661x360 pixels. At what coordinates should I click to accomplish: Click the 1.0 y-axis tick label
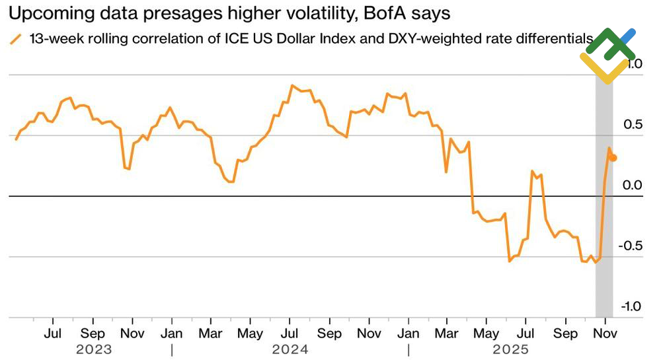pos(634,64)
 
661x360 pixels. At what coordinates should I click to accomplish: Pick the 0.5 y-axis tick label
pos(634,125)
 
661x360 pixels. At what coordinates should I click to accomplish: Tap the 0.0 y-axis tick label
pos(634,185)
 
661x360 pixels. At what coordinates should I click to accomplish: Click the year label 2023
pos(93,349)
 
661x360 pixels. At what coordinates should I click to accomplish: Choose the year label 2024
pos(290,349)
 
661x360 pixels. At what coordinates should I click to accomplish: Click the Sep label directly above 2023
pos(93,334)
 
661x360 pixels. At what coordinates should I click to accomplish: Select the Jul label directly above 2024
pos(290,334)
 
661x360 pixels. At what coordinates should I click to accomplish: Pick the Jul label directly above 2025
pos(526,334)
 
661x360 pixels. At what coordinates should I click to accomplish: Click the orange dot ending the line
pos(613,157)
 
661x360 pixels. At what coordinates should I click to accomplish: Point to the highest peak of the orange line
pos(292,85)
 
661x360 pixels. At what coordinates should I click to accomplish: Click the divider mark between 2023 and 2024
pos(172,349)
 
